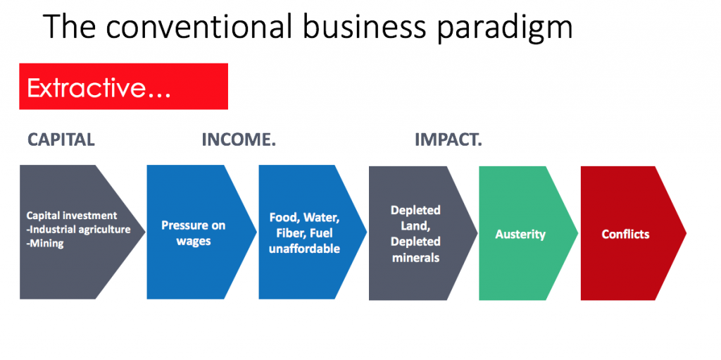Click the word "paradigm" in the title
[504, 27]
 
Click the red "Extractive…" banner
[124, 87]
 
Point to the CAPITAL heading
[61, 139]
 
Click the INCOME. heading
[239, 139]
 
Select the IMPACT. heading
[449, 139]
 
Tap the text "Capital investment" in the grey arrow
[72, 216]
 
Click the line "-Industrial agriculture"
[79, 229]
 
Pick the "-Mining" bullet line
[45, 244]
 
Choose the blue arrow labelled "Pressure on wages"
[201, 232]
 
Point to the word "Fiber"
[289, 233]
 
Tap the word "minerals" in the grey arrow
[415, 257]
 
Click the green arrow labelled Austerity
[528, 233]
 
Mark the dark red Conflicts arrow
[633, 233]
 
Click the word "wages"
[194, 242]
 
